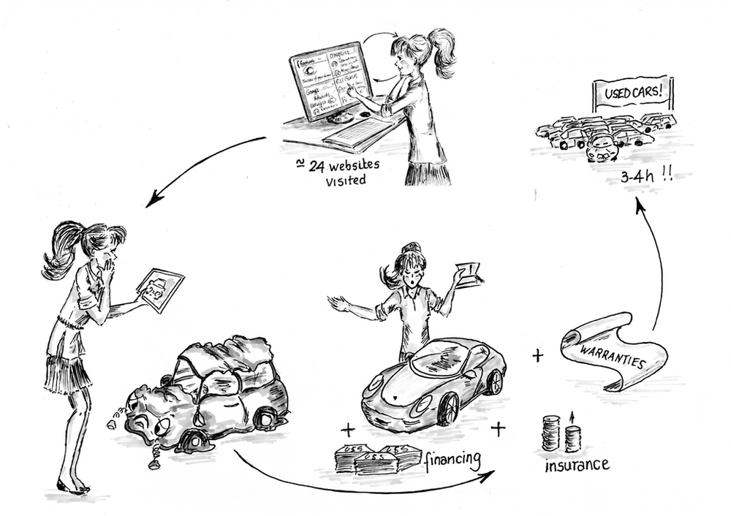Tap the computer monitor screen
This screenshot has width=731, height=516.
click(x=330, y=80)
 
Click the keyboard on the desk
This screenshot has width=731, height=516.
click(x=357, y=132)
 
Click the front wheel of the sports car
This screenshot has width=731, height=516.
click(x=448, y=408)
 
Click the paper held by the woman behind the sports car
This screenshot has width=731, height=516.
click(x=468, y=274)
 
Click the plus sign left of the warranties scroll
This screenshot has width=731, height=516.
click(x=538, y=356)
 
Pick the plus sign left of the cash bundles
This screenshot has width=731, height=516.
click(x=346, y=428)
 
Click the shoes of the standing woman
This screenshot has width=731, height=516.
click(x=73, y=487)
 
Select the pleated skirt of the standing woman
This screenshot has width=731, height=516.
click(x=68, y=371)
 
